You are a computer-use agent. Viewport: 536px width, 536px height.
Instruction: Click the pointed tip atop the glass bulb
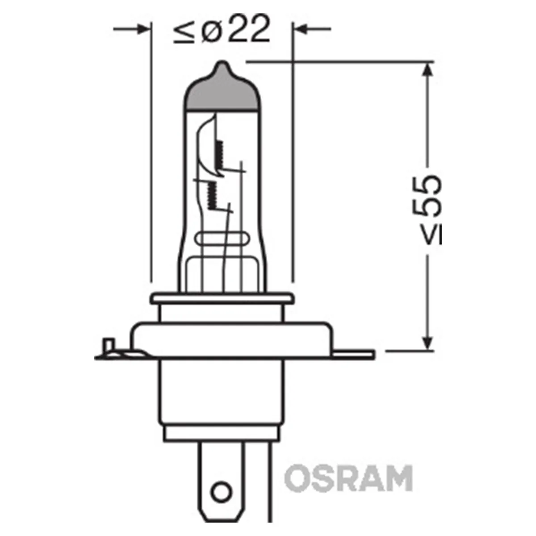pos(222,66)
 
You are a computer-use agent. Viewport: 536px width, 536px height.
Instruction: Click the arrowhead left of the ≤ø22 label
pos(142,29)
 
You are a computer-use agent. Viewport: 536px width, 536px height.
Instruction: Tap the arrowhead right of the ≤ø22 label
pos(301,29)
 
